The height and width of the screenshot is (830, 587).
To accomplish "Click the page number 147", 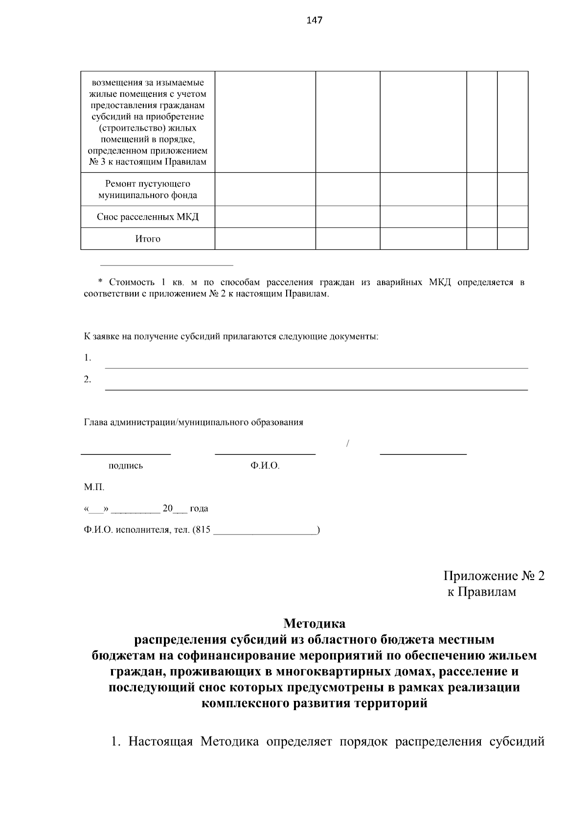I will [314, 21].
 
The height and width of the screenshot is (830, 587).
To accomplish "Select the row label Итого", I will [148, 239].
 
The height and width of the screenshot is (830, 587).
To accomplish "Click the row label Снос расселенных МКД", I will [148, 217].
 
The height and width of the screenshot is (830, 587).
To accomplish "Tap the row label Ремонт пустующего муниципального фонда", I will [148, 189].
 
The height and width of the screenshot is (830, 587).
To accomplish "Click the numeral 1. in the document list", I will [88, 358].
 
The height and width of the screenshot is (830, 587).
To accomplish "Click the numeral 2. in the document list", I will [88, 380].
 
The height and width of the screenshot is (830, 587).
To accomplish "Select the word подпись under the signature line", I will [126, 466].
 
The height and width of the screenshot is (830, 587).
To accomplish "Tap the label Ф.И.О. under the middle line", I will [265, 466].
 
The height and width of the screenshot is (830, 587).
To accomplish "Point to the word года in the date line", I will [199, 509].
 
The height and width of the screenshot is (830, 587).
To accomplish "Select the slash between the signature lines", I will [347, 444].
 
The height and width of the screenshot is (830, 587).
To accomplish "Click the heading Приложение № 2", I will [494, 576].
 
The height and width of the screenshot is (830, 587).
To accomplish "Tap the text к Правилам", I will [482, 592].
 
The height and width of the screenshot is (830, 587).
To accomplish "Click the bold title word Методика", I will [314, 624].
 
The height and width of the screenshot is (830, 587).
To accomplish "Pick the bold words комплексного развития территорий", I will [314, 703].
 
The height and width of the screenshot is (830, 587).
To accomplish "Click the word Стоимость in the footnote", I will [130, 283].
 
